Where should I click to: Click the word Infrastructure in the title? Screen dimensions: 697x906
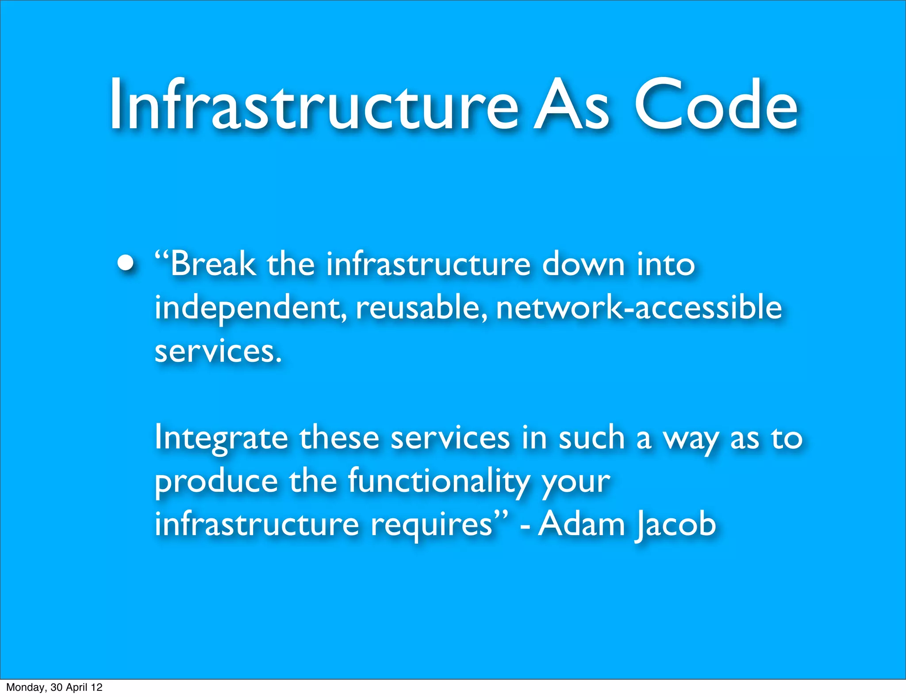pyautogui.click(x=313, y=104)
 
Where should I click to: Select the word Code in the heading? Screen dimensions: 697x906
pyautogui.click(x=716, y=104)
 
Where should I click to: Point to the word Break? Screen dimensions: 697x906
pyautogui.click(x=213, y=264)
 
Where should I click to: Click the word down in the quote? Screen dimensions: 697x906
pyautogui.click(x=583, y=264)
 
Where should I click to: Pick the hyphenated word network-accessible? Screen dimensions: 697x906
pyautogui.click(x=639, y=307)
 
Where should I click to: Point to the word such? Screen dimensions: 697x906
pyautogui.click(x=591, y=437)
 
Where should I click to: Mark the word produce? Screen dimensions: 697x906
pyautogui.click(x=216, y=482)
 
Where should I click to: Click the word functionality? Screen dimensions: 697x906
pyautogui.click(x=439, y=482)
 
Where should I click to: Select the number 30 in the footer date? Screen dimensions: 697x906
pyautogui.click(x=57, y=687)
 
